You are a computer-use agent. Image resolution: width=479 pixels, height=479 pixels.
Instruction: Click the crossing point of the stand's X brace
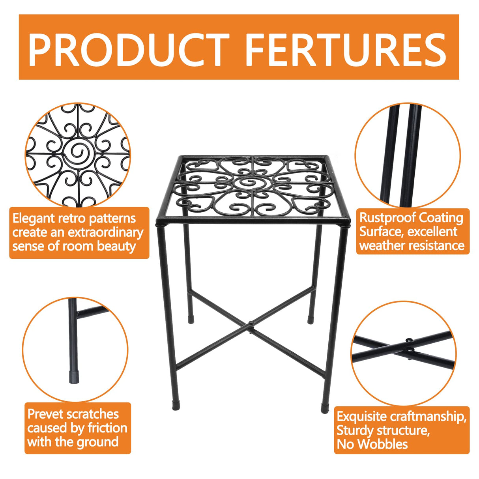click(x=250, y=324)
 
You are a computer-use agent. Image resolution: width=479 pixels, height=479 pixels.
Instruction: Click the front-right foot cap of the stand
click(x=325, y=408)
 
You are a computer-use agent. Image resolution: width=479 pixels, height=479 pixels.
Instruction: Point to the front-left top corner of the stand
click(x=159, y=222)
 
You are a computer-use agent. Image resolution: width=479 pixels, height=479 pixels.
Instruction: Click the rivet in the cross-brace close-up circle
click(x=409, y=339)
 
